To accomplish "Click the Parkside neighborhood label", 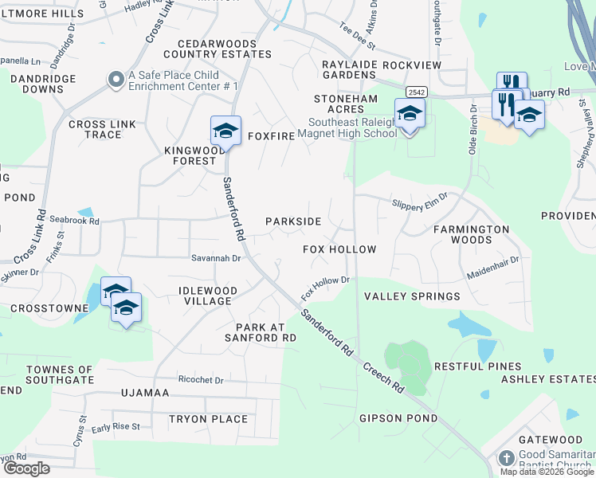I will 293,221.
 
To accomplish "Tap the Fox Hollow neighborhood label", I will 339,249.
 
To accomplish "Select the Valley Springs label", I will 412,296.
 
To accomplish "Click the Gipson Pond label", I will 398,418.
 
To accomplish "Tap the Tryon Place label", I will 208,419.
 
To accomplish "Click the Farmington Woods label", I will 472,234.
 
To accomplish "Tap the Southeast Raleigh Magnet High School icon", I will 410,113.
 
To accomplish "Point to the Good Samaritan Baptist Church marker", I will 506,458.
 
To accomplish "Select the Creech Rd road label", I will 382,375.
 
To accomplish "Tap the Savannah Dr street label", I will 215,258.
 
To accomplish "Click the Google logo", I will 26,468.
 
